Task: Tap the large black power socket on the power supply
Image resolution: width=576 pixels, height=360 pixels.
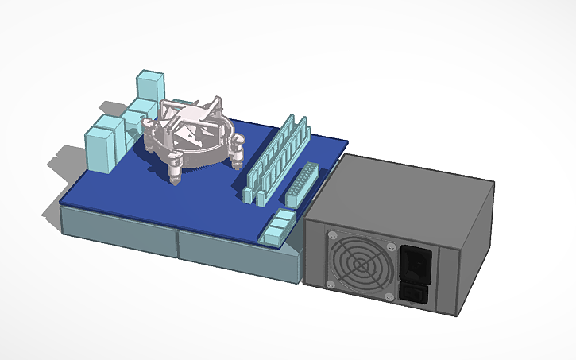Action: (416, 263)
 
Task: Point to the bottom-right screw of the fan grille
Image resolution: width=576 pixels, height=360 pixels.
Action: (389, 296)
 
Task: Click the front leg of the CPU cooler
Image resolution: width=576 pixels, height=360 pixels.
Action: (176, 168)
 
